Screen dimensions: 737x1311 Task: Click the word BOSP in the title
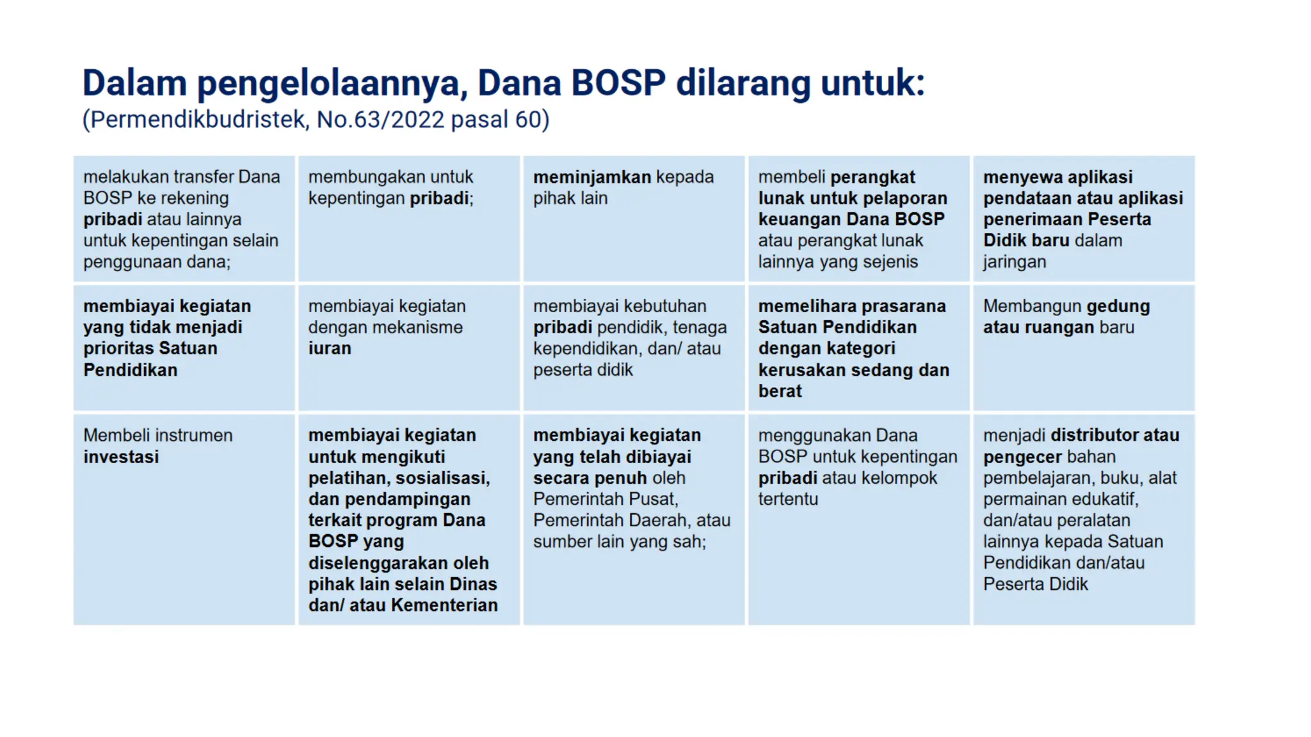click(618, 83)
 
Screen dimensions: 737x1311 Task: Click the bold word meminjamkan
click(592, 177)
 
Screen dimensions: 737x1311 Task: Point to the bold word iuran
click(330, 349)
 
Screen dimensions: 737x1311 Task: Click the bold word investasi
click(121, 457)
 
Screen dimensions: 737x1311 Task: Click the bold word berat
click(780, 391)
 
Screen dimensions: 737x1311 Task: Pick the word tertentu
click(788, 499)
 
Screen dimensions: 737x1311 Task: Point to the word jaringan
click(1015, 262)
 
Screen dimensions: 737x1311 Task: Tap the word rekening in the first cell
click(194, 198)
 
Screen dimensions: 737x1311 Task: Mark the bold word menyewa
click(1017, 177)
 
